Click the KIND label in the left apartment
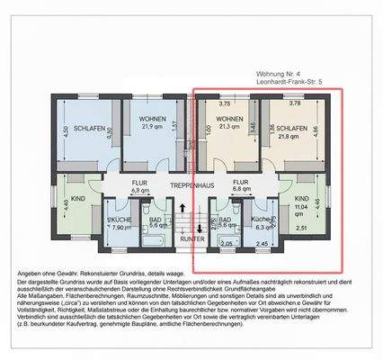pos(77,198)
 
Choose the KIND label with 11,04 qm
pos(301,198)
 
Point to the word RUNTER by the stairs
pos(191,239)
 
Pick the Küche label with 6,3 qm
pos(262,220)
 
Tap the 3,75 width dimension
pos(225,103)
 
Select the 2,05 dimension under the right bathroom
pos(227,244)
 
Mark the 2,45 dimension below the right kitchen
pos(262,244)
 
